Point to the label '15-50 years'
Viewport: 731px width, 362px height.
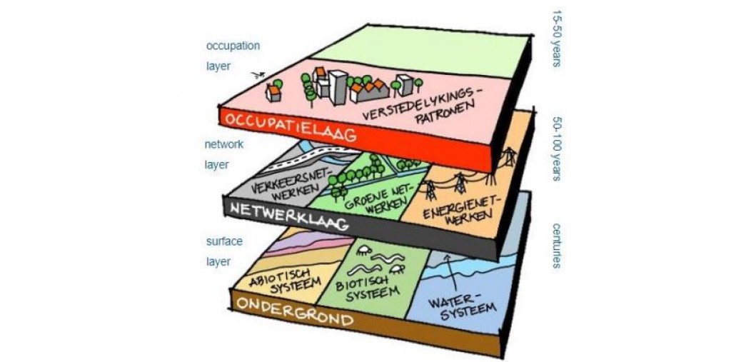coord(556,39)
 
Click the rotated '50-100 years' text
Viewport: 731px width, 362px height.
coord(556,149)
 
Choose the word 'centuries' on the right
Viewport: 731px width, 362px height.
coord(556,246)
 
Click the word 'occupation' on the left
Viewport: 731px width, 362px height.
coord(233,46)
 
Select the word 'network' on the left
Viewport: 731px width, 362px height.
coord(224,145)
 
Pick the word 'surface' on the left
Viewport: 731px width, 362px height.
coord(224,241)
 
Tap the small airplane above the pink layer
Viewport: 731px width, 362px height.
coord(258,75)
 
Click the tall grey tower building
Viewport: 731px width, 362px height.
coord(338,87)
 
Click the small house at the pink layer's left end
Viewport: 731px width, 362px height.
coord(273,92)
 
